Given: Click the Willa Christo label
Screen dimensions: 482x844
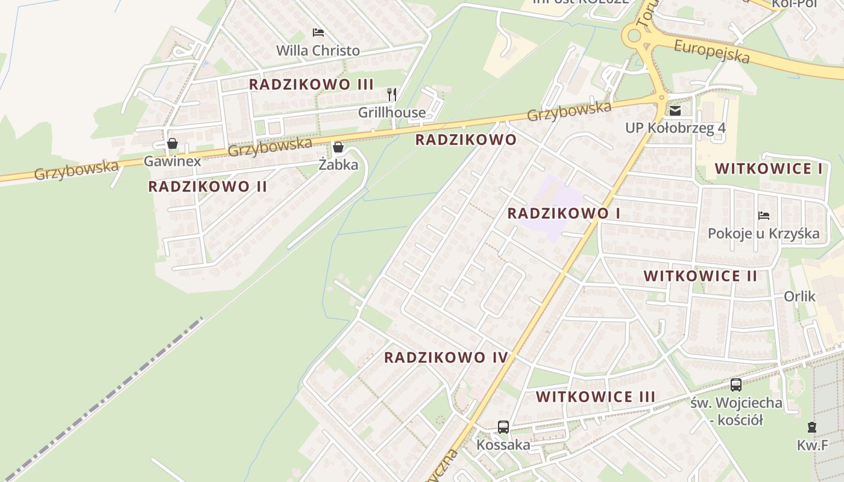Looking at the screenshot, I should coord(318,51).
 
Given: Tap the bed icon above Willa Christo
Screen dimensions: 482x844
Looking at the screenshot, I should coord(318,32).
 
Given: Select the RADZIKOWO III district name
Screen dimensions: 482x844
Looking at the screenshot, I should coord(311,84).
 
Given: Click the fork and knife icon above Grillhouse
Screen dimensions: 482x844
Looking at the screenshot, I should coord(392,94).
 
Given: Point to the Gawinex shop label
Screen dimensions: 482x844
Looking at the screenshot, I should coord(172,161).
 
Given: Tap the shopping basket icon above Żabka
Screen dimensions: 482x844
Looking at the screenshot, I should coord(338,147).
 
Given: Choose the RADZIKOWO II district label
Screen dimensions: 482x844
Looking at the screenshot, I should coord(207,187).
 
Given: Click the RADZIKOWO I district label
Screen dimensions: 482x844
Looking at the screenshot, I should coord(564,213).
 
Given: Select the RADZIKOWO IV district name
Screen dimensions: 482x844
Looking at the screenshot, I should coord(446,357).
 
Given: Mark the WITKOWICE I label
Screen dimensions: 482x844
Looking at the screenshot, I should coord(768,169).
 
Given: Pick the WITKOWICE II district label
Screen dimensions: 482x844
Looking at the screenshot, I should coord(700,276).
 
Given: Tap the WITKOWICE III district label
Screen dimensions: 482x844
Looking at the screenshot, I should coord(595,397).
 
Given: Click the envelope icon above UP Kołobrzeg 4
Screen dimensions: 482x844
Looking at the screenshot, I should coord(675,110).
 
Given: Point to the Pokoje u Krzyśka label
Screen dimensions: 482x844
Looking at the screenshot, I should coord(763,234).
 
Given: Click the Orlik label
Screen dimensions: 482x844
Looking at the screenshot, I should coord(799,296).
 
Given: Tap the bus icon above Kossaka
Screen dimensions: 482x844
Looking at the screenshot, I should coord(503,427).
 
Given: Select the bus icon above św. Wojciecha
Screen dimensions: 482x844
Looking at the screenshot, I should coord(735,384).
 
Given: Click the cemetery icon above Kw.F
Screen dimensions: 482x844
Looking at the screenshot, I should coord(812,427).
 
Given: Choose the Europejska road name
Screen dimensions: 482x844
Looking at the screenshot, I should coord(711,52).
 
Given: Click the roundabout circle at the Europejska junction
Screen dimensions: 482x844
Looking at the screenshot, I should coord(634,36).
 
